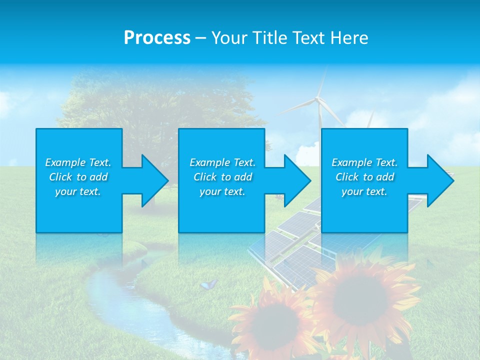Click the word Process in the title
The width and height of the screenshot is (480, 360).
click(157, 38)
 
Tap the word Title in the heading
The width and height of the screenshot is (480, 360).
click(266, 38)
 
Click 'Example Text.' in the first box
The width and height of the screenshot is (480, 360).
click(78, 162)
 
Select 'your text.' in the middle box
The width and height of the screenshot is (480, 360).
click(222, 191)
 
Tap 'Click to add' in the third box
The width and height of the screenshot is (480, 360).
click(364, 177)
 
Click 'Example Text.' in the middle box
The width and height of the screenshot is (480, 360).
click(222, 162)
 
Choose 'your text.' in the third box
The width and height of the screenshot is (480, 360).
click(364, 191)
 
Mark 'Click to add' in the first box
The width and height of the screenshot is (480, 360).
click(78, 177)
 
